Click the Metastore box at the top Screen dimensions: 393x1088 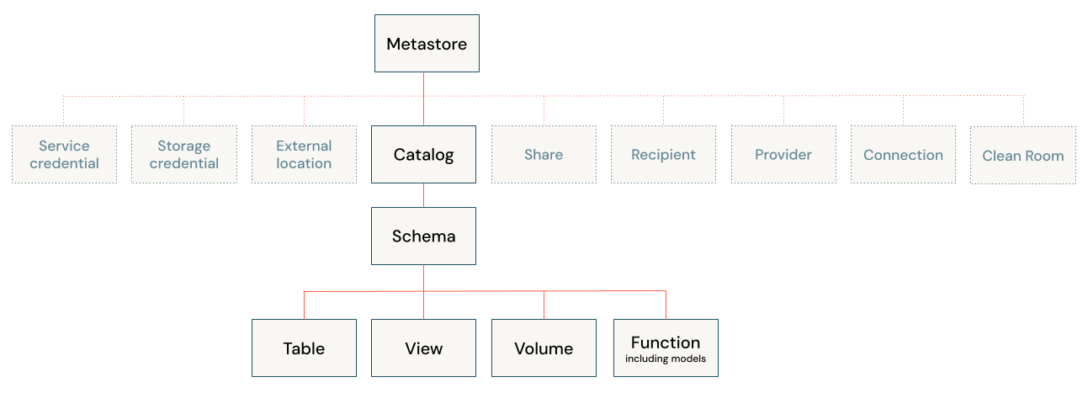[427, 44]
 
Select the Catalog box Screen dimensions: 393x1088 [423, 155]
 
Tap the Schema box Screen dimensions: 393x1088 [423, 236]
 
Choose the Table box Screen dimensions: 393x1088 [304, 348]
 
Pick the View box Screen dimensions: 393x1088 [423, 348]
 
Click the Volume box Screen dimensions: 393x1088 [544, 348]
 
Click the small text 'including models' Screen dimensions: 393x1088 [666, 359]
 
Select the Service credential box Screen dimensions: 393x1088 [64, 155]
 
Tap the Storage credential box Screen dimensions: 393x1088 [183, 155]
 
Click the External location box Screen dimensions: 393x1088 [304, 155]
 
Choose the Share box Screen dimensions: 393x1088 [544, 155]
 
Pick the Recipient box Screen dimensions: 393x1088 [663, 155]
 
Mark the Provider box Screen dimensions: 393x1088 [783, 155]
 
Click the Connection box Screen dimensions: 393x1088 [903, 155]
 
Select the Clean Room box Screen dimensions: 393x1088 [1022, 156]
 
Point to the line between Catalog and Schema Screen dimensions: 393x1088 [423, 195]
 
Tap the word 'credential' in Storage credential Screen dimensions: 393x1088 [184, 164]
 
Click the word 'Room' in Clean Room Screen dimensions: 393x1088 [1043, 156]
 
